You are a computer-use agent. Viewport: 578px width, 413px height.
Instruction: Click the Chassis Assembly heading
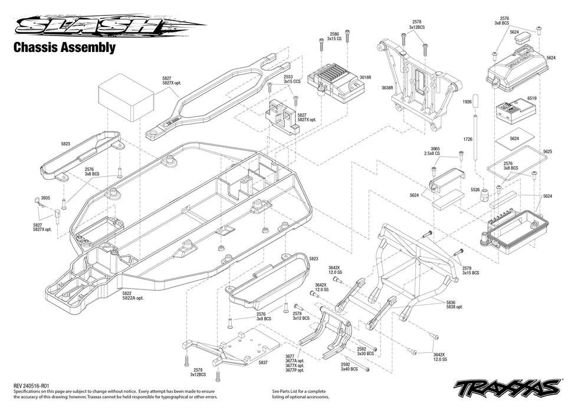pos(64,48)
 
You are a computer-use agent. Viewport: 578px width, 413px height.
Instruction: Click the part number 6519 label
pos(532,99)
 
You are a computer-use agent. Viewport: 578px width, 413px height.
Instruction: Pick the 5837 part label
pos(263,362)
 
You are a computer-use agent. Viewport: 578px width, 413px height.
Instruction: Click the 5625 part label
pos(547,152)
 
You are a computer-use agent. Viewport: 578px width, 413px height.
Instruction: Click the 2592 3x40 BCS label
pos(349,366)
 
